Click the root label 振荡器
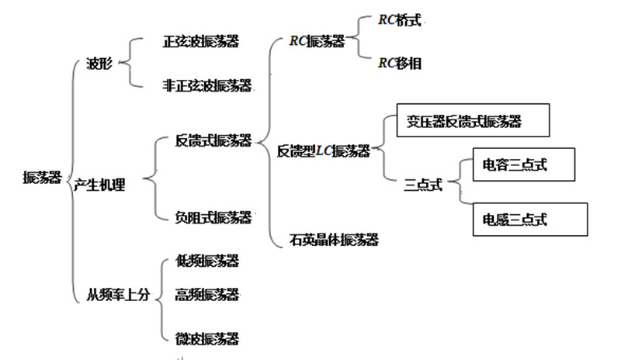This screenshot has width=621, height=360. point(41,178)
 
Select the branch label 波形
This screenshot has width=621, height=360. point(99,64)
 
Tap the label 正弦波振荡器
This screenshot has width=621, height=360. point(200,42)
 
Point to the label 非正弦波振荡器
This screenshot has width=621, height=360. point(206,86)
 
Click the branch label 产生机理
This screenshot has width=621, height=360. point(99,185)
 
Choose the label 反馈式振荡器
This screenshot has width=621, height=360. point(213,141)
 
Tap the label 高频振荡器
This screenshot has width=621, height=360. point(206,294)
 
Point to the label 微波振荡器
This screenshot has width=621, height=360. point(206,338)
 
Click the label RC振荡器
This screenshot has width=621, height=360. point(317,42)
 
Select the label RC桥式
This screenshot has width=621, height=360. point(400,21)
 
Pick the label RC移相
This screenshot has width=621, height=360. point(400,64)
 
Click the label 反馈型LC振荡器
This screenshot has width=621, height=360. point(323,151)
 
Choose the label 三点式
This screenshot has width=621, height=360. point(423,185)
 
